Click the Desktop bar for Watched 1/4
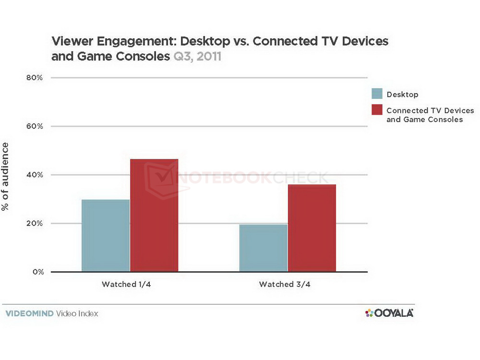[106, 235]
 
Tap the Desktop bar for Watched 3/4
[263, 248]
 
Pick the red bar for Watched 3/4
[312, 228]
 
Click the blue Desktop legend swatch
[377, 94]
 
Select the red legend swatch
[377, 110]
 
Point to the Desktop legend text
[402, 95]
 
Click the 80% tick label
[35, 77]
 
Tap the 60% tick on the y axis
[35, 126]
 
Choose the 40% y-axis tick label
[35, 175]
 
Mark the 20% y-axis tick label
[35, 224]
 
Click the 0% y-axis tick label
[37, 272]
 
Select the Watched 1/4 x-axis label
[130, 284]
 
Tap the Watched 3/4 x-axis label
[287, 284]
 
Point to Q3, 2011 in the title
[196, 57]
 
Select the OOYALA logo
[389, 313]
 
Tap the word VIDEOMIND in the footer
[29, 313]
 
